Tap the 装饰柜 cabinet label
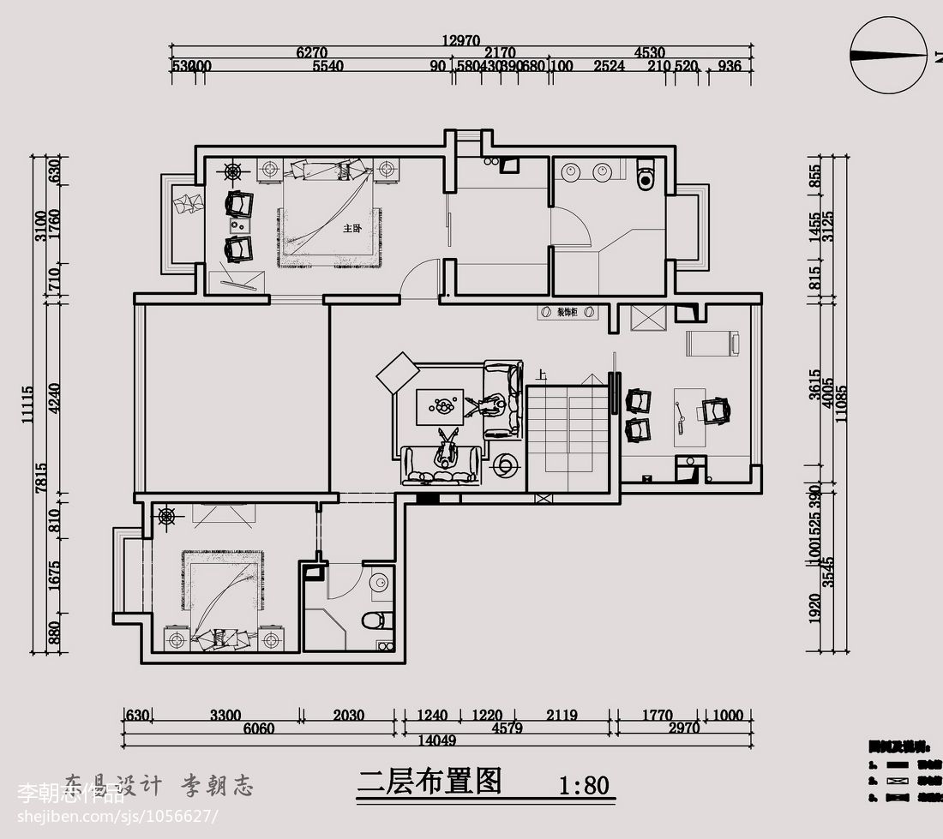point(567,313)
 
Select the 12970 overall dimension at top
point(461,39)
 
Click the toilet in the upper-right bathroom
point(646,176)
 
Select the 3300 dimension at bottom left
point(225,715)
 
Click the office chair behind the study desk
point(716,411)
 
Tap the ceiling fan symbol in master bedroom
point(232,171)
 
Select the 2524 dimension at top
point(610,66)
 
